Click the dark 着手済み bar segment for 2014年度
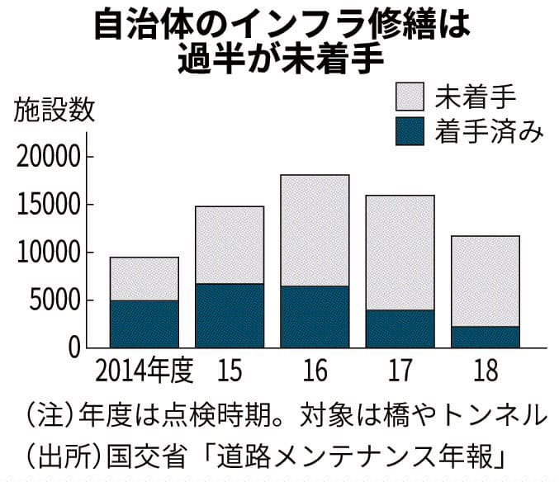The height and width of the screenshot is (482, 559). point(144,324)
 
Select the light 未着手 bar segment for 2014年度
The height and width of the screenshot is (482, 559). point(144,279)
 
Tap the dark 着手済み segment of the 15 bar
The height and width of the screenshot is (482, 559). point(230,315)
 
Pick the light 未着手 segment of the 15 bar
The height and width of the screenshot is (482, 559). point(230,245)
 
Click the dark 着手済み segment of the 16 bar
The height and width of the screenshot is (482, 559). point(315,316)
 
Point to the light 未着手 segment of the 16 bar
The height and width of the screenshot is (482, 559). point(315,230)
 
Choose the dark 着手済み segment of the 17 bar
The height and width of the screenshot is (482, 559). point(400,328)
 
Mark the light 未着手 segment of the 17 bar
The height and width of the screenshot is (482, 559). point(400,253)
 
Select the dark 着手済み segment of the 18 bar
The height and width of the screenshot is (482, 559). point(485,337)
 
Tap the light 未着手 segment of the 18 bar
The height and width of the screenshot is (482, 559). point(485,281)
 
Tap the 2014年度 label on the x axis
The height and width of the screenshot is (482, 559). point(144,372)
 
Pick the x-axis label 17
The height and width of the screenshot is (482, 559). point(400,372)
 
